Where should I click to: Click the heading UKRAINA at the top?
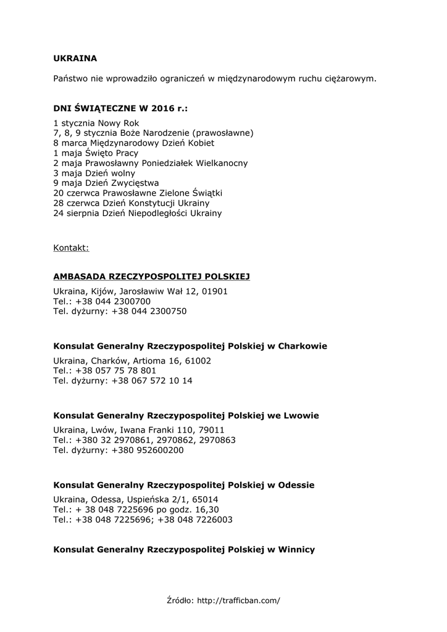tap(75, 59)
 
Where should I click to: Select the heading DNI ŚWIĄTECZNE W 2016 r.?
tap(120, 109)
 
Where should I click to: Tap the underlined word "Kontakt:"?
tap(71, 248)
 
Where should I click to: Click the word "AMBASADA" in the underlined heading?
tap(80, 276)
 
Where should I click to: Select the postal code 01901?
tap(215, 291)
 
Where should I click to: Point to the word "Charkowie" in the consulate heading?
tap(303, 346)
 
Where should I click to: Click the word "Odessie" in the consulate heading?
tap(296, 484)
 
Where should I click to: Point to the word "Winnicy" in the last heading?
tap(296, 549)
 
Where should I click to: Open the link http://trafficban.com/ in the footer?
tap(238, 599)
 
